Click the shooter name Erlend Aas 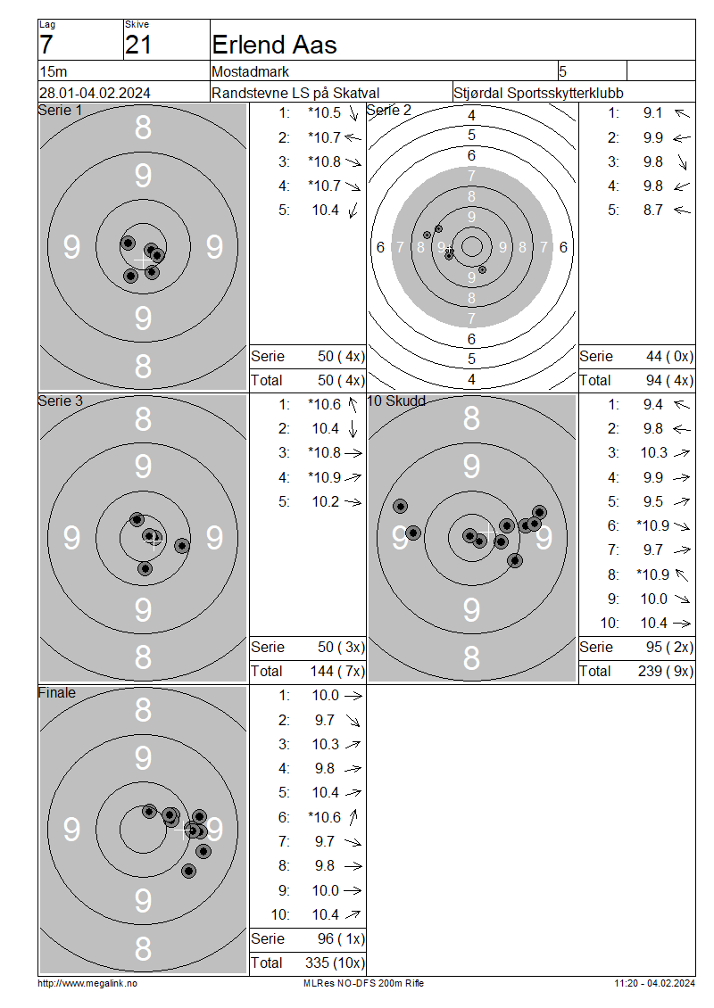pos(274,45)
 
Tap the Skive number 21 pos(138,45)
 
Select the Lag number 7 pos(46,45)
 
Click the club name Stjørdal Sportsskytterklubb pos(538,93)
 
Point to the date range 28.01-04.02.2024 pos(95,93)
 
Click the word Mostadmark pos(250,71)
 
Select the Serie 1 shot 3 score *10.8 pos(324,162)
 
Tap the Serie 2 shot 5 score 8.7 pos(653,211)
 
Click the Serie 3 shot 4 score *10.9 pos(324,477)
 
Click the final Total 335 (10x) pos(335,963)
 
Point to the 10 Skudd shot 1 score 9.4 pos(653,405)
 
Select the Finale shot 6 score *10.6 pos(324,818)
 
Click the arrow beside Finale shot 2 pos(353,721)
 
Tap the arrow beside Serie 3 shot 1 pos(353,405)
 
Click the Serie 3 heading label pos(61,401)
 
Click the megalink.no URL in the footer pos(87,984)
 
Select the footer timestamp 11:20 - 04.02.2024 pos(654,984)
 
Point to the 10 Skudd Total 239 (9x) pos(666,672)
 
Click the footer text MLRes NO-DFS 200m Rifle pos(363,984)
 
